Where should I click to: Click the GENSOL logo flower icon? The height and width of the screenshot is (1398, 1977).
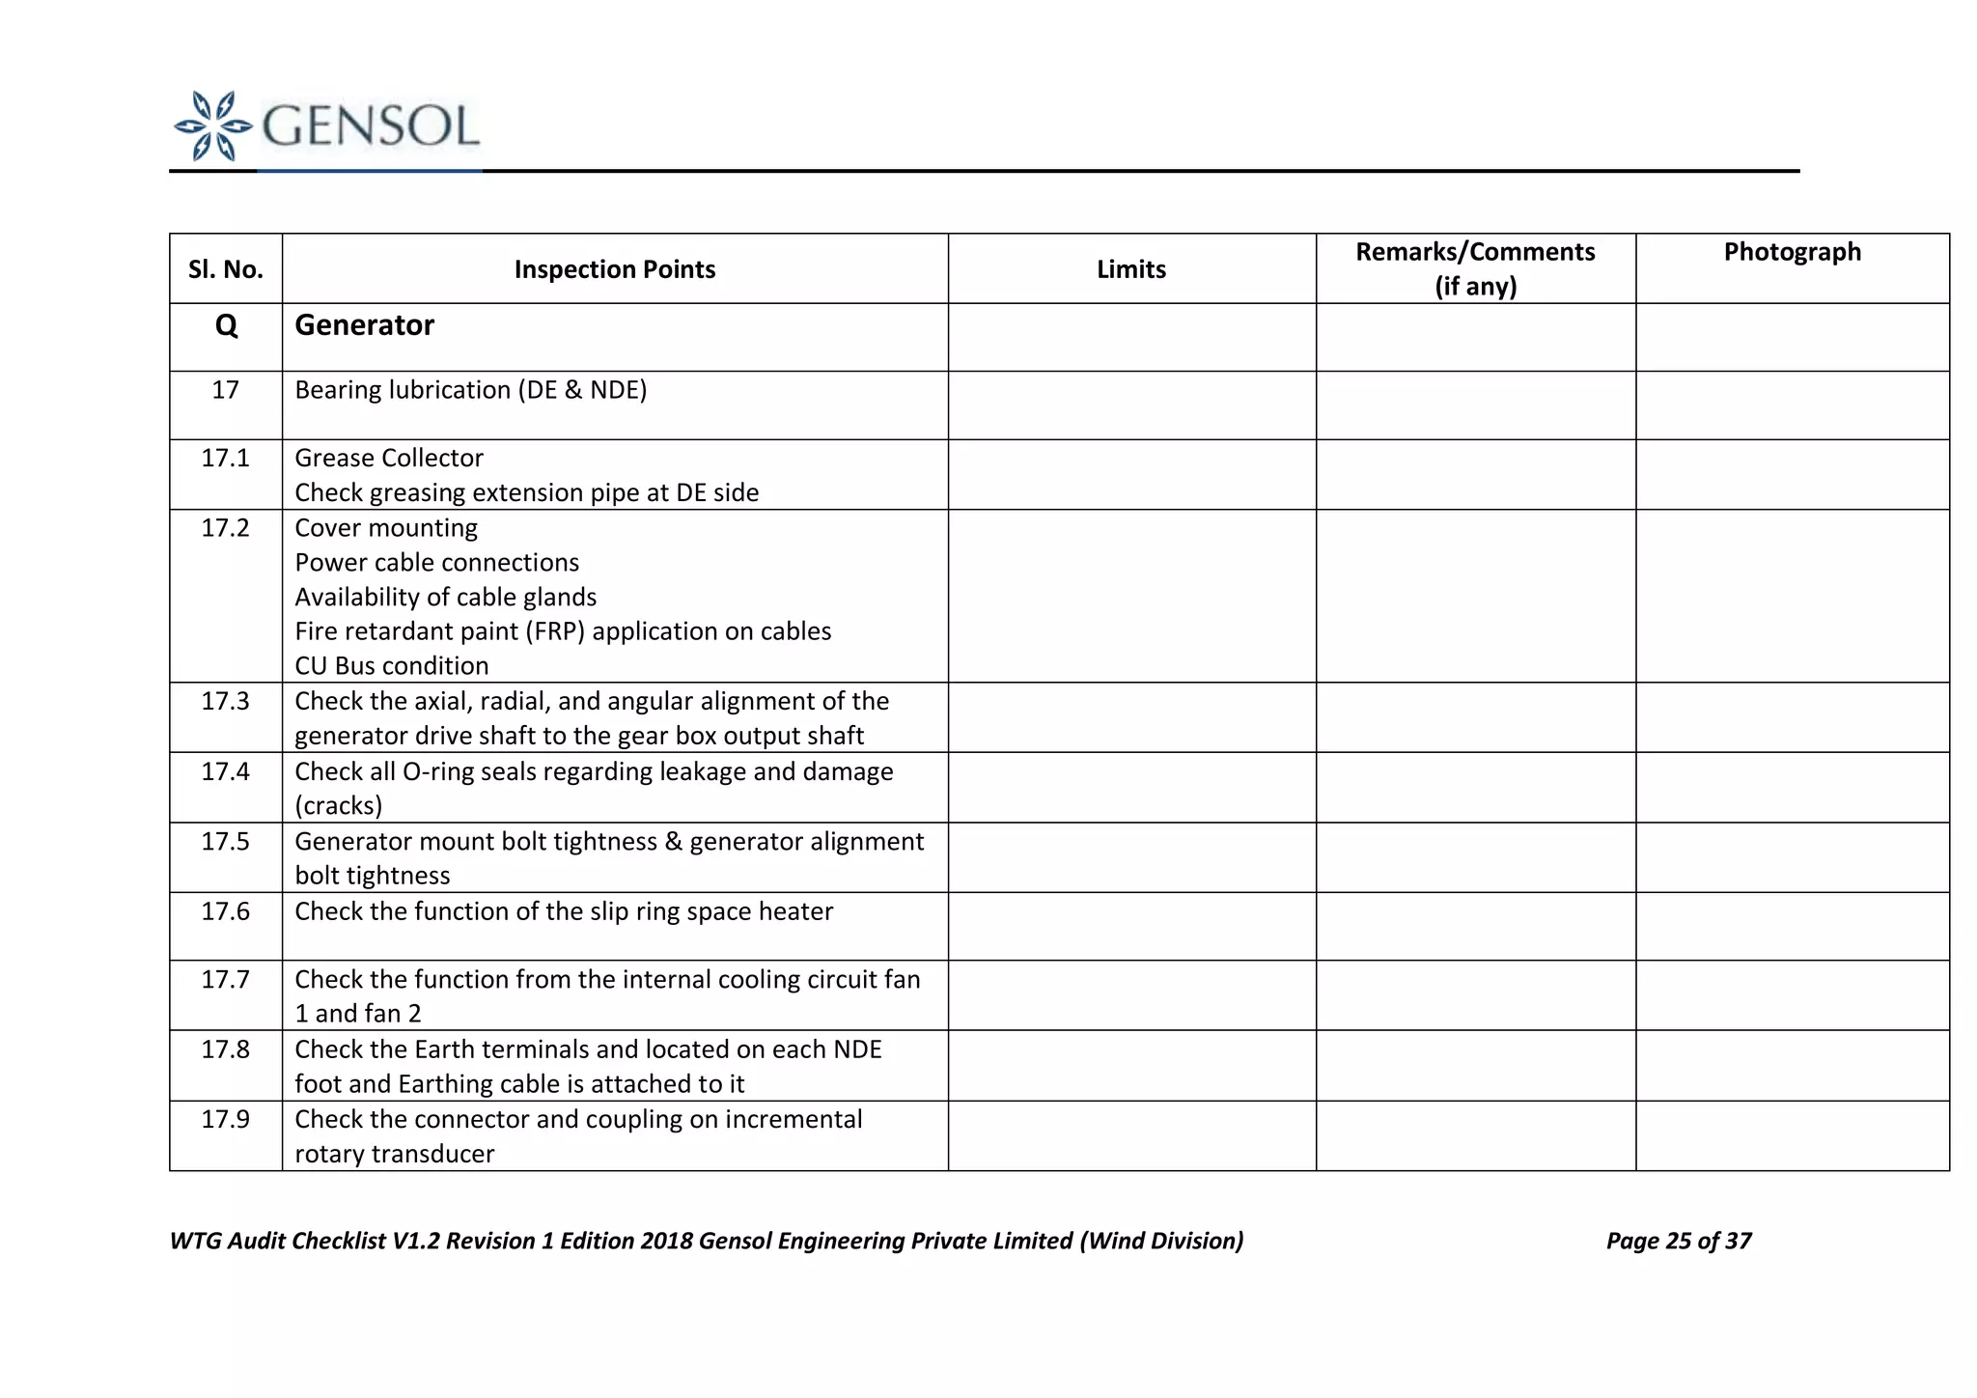coord(213,126)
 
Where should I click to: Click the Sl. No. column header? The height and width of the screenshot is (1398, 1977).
coord(226,269)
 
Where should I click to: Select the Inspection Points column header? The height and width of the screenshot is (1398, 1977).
coord(614,269)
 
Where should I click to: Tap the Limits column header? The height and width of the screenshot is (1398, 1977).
coord(1130,269)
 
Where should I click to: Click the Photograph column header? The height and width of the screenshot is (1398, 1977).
coord(1792,252)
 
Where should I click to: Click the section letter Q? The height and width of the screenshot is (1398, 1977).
coord(226,325)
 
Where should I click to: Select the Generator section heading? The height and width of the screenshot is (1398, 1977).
coord(364,325)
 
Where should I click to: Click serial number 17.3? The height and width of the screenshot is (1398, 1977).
coord(225,701)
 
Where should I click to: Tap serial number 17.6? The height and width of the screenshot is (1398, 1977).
coord(225,911)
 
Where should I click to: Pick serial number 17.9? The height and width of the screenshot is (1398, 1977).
coord(225,1119)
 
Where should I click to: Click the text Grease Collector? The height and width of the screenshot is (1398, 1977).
coord(389,458)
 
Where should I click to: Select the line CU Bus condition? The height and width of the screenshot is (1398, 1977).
coord(391,666)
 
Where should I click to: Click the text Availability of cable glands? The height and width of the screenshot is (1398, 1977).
coord(445,597)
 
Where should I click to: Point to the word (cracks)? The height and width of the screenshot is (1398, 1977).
coord(338,806)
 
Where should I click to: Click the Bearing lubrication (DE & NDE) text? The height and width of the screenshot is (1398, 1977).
coord(470,390)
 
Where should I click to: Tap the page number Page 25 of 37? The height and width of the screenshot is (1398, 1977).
coord(1678,1241)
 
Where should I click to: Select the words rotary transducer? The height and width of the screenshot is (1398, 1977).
coord(394,1154)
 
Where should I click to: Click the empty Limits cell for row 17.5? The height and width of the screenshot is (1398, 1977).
coord(1130,857)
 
